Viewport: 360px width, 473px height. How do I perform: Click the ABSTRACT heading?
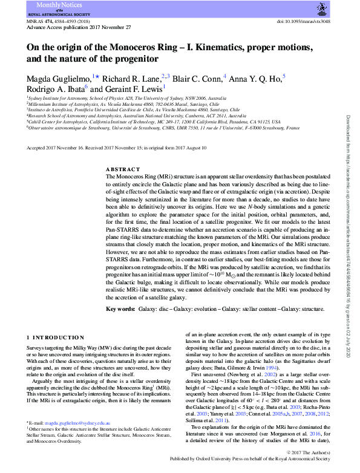click(x=123, y=170)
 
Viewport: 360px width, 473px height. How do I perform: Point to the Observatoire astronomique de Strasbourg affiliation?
click(x=163, y=128)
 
